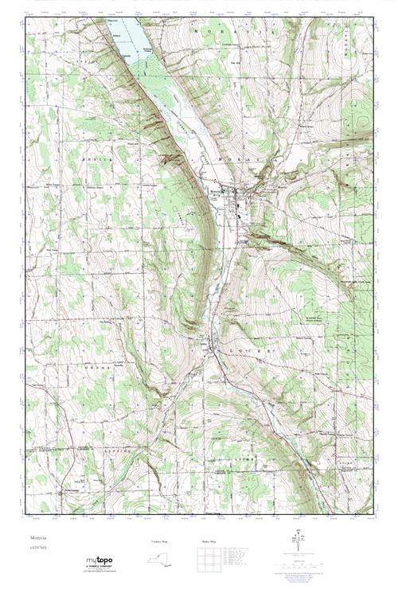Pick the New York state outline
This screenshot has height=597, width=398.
pyautogui.click(x=158, y=560)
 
